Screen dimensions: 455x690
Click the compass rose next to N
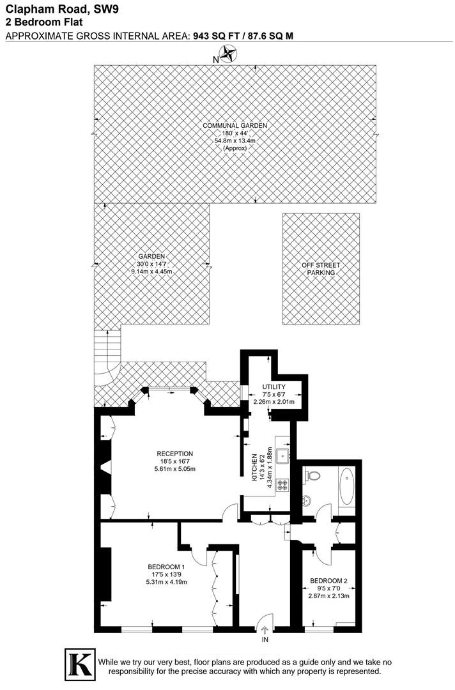point(228,54)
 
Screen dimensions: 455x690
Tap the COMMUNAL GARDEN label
point(235,126)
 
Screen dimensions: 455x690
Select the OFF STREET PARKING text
point(321,269)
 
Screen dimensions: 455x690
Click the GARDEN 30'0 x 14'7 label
point(151,264)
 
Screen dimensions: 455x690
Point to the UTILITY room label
point(274,387)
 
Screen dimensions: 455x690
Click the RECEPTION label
point(174,454)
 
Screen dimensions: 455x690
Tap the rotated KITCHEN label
point(254,468)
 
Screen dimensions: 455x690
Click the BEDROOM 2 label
point(328,581)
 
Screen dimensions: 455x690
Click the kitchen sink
point(282,455)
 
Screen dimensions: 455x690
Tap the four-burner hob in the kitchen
point(282,486)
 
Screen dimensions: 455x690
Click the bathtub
point(346,487)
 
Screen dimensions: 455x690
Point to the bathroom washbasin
point(307,500)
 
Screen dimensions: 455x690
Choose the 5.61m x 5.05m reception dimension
point(174,469)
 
